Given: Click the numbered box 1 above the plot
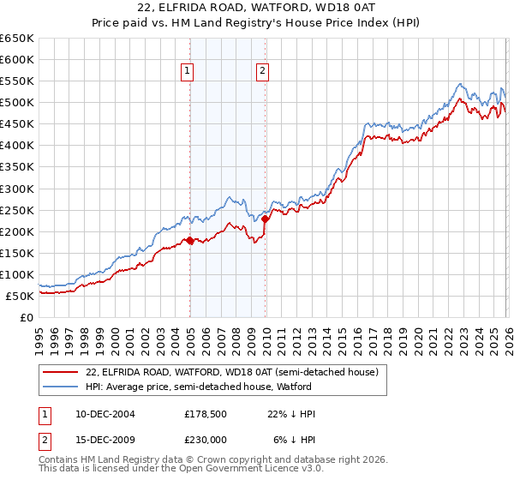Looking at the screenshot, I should (187, 72).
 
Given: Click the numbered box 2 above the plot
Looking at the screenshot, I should (262, 72).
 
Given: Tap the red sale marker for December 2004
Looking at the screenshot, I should (189, 241).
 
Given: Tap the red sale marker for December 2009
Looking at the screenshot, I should (266, 219).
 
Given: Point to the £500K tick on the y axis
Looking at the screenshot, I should (18, 103).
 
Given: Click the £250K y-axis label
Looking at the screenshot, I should (18, 210).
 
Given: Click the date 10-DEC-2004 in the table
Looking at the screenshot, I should (101, 414).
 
